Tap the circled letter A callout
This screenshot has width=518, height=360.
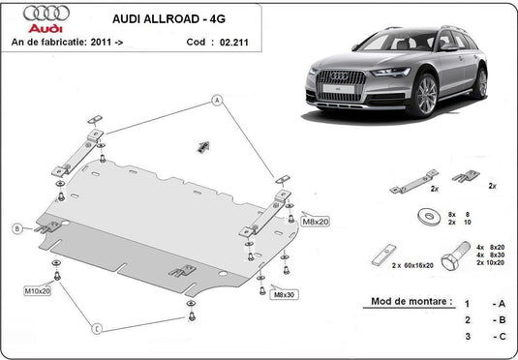click(218, 101)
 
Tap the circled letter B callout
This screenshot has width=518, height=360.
click(16, 228)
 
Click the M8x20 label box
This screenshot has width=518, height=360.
click(316, 222)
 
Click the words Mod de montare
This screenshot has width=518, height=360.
click(411, 301)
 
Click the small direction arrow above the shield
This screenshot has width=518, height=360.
click(203, 145)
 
